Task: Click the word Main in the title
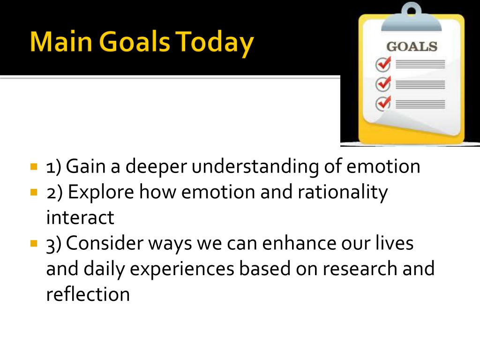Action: pos(61,41)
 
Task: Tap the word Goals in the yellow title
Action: pos(135,41)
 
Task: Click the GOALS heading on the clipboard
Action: pos(412,46)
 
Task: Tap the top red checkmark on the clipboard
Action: pos(383,64)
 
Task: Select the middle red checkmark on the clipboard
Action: pos(383,83)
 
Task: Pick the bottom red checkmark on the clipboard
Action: pos(383,103)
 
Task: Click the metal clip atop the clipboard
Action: pos(412,18)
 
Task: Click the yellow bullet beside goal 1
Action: pos(34,167)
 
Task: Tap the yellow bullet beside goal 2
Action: pos(34,193)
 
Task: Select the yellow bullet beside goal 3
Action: pos(34,244)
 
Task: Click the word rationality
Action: pos(343,193)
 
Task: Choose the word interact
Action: pos(80,217)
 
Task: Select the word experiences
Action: pos(182,270)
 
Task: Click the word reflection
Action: pos(88,294)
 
